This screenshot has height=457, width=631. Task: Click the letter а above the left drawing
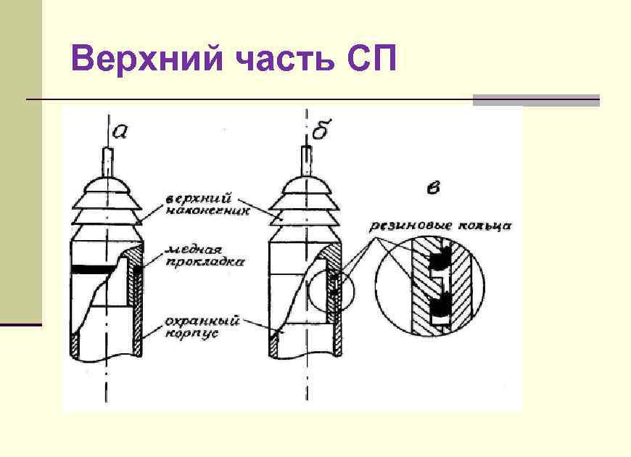tap(121, 132)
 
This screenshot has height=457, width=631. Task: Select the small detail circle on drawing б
tap(332, 290)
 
